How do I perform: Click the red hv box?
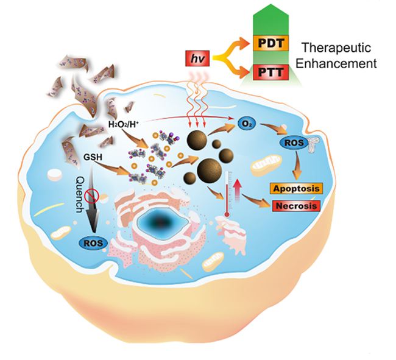click(196, 60)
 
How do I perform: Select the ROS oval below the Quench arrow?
click(94, 244)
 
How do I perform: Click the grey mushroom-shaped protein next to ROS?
click(315, 144)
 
